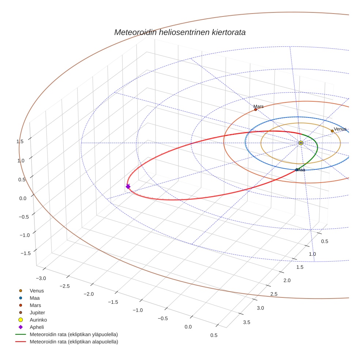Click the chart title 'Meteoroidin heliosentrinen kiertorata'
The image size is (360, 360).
(x=180, y=32)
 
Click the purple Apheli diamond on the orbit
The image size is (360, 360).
(x=128, y=187)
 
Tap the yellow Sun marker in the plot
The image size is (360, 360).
(x=301, y=143)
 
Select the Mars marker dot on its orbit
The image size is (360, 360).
(x=255, y=110)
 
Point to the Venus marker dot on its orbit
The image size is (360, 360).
(x=332, y=131)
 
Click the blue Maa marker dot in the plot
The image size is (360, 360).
(x=296, y=170)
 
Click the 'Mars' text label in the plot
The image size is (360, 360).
(x=259, y=106)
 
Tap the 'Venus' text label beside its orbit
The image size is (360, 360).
(x=340, y=129)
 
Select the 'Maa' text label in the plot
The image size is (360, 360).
(x=301, y=170)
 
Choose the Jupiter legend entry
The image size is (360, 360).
(x=37, y=312)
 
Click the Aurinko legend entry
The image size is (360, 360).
(x=38, y=320)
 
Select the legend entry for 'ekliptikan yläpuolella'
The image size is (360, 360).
(x=74, y=334)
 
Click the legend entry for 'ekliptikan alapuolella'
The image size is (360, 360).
(x=74, y=342)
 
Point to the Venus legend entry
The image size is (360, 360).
(x=37, y=290)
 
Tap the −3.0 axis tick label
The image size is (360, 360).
(x=41, y=278)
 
